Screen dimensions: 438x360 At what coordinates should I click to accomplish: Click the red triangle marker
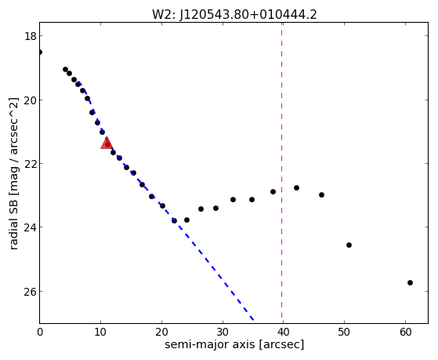click(x=107, y=144)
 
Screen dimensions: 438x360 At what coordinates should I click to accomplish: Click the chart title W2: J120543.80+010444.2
click(x=234, y=15)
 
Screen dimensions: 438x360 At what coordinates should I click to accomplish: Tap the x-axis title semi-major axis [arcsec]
click(x=234, y=344)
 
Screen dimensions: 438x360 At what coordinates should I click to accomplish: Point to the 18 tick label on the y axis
click(x=30, y=36)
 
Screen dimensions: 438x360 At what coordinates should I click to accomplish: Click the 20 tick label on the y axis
click(x=30, y=100)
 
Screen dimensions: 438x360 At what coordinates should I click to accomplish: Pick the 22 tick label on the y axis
click(x=30, y=164)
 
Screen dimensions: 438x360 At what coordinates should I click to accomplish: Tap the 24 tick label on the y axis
click(x=30, y=227)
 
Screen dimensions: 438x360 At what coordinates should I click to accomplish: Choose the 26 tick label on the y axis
click(x=30, y=292)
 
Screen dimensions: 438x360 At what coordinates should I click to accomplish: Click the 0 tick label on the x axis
click(x=40, y=333)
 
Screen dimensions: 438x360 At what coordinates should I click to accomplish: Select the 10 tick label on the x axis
click(x=100, y=333)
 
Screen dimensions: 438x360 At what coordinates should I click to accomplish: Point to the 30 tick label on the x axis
click(x=223, y=333)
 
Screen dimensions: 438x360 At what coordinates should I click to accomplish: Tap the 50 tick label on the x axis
click(x=344, y=333)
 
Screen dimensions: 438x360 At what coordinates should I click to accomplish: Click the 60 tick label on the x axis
click(x=405, y=333)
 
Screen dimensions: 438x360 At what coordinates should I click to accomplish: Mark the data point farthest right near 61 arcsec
click(x=410, y=283)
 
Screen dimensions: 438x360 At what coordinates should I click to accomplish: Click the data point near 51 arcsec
click(x=349, y=245)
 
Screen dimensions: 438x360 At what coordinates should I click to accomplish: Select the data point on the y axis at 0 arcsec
click(x=40, y=52)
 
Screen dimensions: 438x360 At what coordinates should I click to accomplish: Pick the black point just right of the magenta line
click(x=296, y=187)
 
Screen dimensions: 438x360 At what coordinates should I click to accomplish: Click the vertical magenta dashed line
click(x=281, y=173)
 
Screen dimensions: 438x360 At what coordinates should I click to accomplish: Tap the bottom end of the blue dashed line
click(x=253, y=320)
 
